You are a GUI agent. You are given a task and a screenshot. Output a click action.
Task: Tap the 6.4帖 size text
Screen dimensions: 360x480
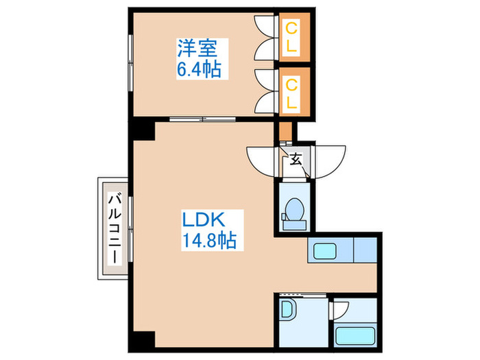click(200, 69)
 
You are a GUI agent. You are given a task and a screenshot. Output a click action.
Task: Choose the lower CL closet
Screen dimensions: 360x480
click(292, 93)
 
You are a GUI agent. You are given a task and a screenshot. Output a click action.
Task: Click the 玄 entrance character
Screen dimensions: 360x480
click(296, 160)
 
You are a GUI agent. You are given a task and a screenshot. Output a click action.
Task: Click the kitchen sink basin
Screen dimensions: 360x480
click(322, 252)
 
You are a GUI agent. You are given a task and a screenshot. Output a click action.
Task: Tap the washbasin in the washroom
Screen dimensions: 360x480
click(287, 311)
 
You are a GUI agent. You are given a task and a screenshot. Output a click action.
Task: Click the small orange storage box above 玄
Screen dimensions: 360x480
click(286, 130)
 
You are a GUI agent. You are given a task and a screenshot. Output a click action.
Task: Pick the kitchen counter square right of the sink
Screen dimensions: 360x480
click(364, 251)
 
